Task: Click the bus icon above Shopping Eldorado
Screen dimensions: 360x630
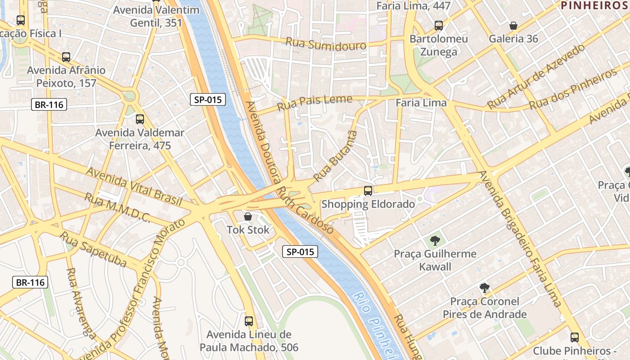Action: tap(368, 191)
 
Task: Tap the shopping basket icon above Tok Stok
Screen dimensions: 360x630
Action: tap(247, 216)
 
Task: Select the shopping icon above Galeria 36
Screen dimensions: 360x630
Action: tap(513, 26)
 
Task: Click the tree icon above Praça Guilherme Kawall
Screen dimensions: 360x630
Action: tap(435, 240)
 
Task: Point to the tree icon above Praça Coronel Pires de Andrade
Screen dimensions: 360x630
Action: tap(484, 288)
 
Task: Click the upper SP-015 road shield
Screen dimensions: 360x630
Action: tap(207, 99)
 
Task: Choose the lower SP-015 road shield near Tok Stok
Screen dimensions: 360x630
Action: tap(301, 252)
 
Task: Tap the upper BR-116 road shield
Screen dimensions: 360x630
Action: tap(49, 105)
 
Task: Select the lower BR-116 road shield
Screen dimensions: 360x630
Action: tap(30, 282)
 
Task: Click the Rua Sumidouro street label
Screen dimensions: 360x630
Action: tap(326, 44)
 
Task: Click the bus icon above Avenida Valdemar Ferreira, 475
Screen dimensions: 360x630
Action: tap(140, 119)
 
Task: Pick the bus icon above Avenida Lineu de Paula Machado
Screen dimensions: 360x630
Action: tap(249, 321)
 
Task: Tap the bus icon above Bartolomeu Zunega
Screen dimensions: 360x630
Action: tap(439, 26)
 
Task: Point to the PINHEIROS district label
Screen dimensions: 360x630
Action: tap(594, 5)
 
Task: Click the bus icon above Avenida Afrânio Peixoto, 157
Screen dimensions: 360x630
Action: tap(66, 57)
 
